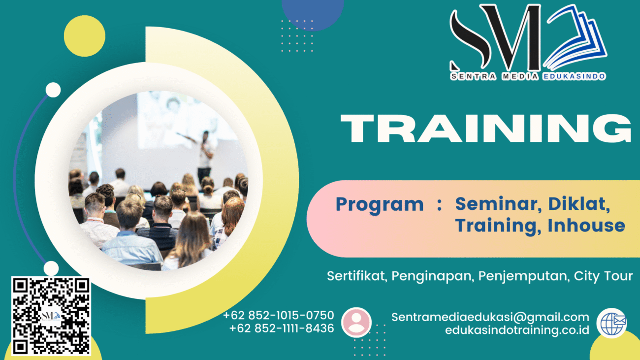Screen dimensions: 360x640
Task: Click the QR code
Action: pyautogui.click(x=51, y=316)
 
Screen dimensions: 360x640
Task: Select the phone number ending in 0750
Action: pyautogui.click(x=279, y=315)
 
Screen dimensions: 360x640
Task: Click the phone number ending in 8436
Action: pyautogui.click(x=282, y=328)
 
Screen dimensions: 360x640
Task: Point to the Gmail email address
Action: pyautogui.click(x=490, y=317)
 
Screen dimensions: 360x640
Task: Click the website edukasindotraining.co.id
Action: pyautogui.click(x=517, y=330)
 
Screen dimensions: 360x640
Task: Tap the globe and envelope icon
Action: pyautogui.click(x=611, y=323)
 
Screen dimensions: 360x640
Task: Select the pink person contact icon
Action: pyautogui.click(x=356, y=322)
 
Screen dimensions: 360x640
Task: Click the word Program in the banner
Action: pyautogui.click(x=379, y=204)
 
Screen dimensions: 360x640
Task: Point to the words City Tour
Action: pyautogui.click(x=603, y=276)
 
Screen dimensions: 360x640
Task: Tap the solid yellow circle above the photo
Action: pyautogui.click(x=84, y=36)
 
